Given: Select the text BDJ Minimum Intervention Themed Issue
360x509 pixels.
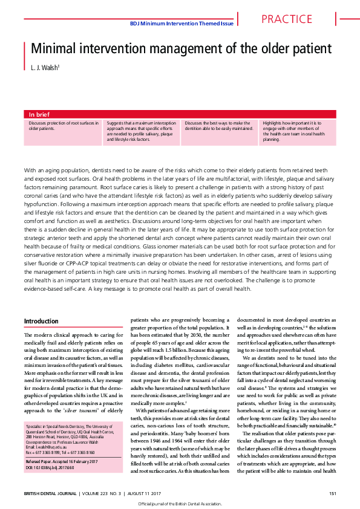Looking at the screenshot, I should tap(182, 24).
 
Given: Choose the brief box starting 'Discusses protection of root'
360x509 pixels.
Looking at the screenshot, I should tap(64, 126).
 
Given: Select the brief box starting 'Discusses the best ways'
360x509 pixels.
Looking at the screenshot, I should tap(220, 126).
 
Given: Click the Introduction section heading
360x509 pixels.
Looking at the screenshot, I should tap(41, 321).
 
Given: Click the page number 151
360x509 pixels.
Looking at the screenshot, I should tap(332, 493).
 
